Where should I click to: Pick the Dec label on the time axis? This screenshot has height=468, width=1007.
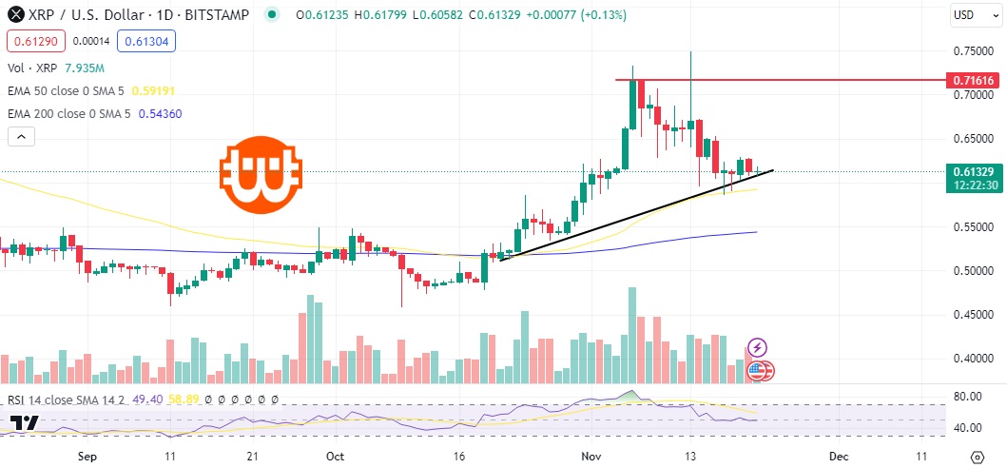click(x=839, y=456)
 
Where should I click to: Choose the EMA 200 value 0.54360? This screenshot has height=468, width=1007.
click(x=186, y=113)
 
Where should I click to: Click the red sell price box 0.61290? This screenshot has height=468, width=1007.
click(x=33, y=42)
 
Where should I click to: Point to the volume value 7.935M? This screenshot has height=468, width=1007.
click(x=84, y=68)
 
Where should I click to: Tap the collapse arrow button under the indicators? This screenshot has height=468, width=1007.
click(x=21, y=137)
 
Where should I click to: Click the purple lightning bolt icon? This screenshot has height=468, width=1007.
click(x=758, y=348)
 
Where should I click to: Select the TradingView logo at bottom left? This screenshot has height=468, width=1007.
click(x=25, y=423)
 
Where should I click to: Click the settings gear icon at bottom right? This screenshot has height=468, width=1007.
click(x=976, y=456)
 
